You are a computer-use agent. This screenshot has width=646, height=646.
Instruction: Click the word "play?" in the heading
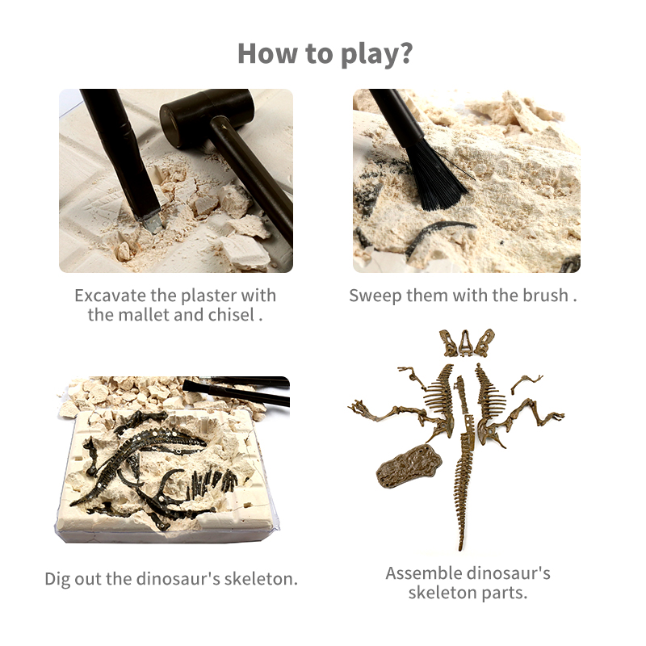pyautogui.click(x=376, y=54)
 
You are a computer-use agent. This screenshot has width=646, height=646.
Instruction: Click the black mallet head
pyautogui.click(x=206, y=117)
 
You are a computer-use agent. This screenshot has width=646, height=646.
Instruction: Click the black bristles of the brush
pyautogui.click(x=438, y=174)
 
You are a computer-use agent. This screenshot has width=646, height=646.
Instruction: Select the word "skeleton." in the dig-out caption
pyautogui.click(x=260, y=579)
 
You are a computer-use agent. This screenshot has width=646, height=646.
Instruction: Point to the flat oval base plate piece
pyautogui.click(x=408, y=466)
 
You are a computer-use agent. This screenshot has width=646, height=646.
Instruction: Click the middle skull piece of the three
pyautogui.click(x=466, y=342)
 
